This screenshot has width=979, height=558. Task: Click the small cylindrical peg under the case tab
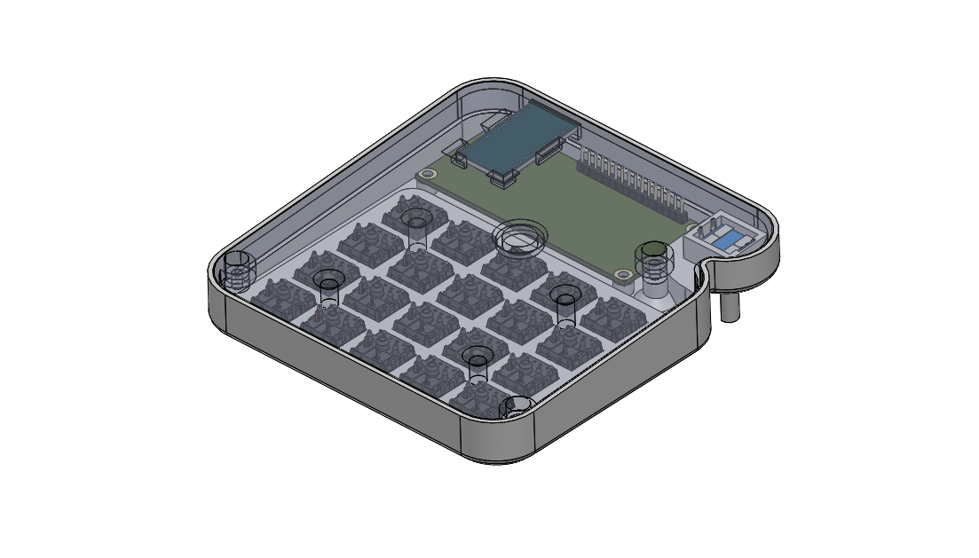click(x=730, y=306)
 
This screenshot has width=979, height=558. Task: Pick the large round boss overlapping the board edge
click(x=519, y=239)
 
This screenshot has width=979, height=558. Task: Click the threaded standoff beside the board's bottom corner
click(x=654, y=261)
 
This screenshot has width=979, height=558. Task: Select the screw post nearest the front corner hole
click(x=478, y=362)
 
